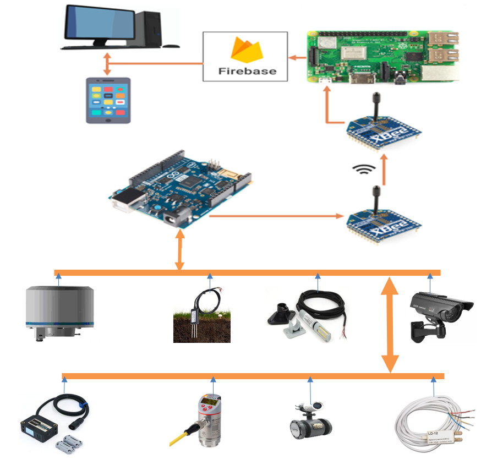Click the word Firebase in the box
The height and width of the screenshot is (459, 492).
(245, 71)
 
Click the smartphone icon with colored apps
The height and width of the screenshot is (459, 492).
(108, 100)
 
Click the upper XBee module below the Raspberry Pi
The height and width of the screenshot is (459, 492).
(384, 130)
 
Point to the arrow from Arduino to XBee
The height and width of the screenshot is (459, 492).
(275, 216)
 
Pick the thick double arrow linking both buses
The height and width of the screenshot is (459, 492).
(390, 325)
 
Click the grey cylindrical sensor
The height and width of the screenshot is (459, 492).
(59, 312)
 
